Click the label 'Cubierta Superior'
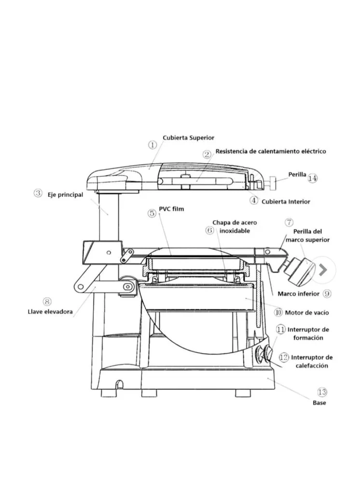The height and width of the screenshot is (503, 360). tap(188, 138)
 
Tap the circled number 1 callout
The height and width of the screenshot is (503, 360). tap(152, 145)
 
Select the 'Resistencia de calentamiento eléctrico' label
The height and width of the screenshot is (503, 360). tap(271, 151)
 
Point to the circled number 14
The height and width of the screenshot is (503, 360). tap(313, 178)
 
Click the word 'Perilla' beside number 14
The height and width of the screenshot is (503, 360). tap(297, 175)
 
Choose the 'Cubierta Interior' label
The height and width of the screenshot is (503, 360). tap(286, 202)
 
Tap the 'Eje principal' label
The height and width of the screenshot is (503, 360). tap(66, 195)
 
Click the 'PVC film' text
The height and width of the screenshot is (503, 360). tap(171, 209)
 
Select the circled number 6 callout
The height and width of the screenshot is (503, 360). tap(209, 230)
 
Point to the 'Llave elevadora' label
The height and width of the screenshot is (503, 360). tap(50, 311)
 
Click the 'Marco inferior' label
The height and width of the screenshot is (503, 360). tap(298, 293)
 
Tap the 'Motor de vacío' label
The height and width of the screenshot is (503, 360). tap(307, 312)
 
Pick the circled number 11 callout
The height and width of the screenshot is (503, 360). tap(281, 329)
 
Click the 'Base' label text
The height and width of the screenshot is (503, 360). tap(319, 403)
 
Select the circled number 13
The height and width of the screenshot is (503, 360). tap(322, 392)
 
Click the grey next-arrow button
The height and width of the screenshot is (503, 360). tap(323, 270)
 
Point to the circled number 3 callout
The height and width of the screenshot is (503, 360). tap(38, 194)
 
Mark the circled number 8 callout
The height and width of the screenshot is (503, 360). tap(47, 302)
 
